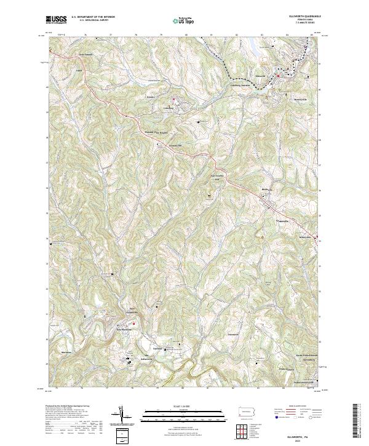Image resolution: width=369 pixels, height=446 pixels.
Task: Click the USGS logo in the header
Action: click(x=56, y=19)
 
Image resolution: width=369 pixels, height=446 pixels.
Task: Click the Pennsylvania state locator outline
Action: click(x=246, y=412)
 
